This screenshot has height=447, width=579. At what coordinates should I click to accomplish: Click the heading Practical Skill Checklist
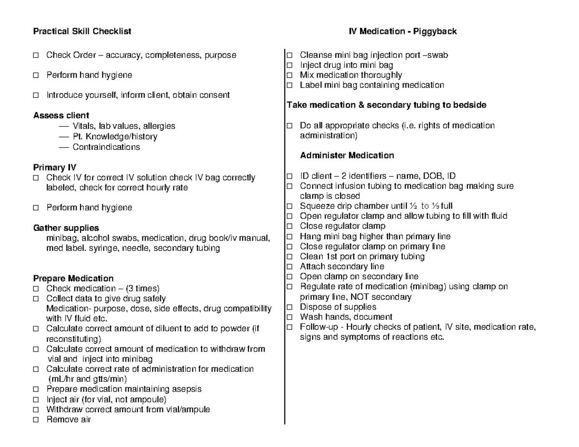pyautogui.click(x=82, y=32)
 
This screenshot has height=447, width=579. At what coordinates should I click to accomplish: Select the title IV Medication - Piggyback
pyautogui.click(x=402, y=32)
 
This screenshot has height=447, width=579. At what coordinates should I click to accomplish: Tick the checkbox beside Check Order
pyautogui.click(x=36, y=55)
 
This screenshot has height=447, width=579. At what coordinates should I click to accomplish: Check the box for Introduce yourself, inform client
pyautogui.click(x=36, y=95)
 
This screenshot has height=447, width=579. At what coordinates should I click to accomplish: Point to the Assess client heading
pyautogui.click(x=61, y=116)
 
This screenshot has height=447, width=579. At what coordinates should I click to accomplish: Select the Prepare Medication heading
pyautogui.click(x=73, y=279)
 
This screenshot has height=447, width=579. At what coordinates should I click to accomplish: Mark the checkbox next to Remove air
pyautogui.click(x=36, y=420)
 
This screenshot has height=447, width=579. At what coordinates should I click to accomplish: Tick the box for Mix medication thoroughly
pyautogui.click(x=289, y=75)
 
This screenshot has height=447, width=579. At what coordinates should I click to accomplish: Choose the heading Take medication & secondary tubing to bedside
pyautogui.click(x=386, y=105)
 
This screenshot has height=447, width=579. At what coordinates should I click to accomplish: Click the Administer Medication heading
pyautogui.click(x=347, y=156)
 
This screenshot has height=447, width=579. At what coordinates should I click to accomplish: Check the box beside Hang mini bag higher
pyautogui.click(x=289, y=237)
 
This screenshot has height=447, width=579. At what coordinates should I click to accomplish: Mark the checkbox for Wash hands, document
pyautogui.click(x=289, y=317)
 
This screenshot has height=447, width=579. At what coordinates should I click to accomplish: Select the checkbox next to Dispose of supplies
pyautogui.click(x=289, y=307)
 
